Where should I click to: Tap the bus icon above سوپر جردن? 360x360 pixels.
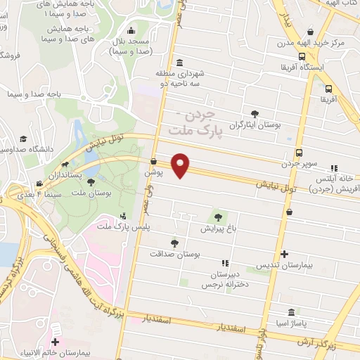[300, 153]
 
